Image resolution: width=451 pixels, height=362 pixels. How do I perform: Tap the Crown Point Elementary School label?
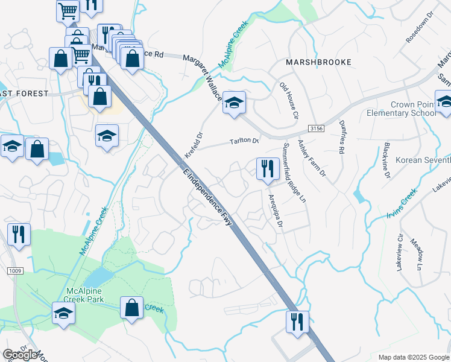point(401,109)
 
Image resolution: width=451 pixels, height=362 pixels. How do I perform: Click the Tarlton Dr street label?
point(244,142)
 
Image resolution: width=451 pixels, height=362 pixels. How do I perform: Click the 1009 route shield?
point(16,271)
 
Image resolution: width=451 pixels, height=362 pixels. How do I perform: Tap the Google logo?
point(20,355)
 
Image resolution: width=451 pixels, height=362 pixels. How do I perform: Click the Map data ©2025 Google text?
point(413,357)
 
